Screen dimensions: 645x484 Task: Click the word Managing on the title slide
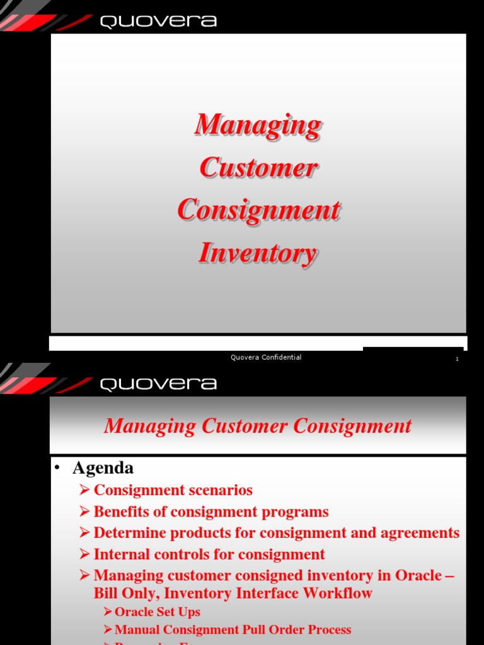pos(258,124)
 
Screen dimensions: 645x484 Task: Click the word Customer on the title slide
pos(258,168)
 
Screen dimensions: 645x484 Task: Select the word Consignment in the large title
pos(258,210)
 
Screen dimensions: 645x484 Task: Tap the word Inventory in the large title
pos(258,253)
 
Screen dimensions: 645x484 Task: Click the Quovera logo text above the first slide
pos(158,21)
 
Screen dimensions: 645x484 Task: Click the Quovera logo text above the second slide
pos(158,384)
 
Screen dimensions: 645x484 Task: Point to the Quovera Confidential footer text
pos(266,358)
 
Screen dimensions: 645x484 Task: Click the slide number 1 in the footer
pos(457,359)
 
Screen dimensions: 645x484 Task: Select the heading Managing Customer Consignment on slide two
pos(258,426)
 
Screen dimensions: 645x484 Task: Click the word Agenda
pos(103,468)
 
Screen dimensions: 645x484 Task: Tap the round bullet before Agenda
pos(57,469)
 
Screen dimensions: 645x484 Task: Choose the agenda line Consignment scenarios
pos(173,490)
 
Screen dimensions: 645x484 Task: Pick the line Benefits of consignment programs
pos(211,511)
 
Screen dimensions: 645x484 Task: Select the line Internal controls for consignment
pos(209,554)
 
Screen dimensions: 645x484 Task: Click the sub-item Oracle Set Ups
pos(157,612)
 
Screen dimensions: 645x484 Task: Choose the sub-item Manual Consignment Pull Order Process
pos(233,630)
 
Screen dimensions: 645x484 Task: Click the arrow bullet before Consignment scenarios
pos(85,491)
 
